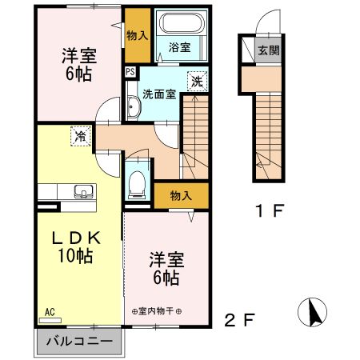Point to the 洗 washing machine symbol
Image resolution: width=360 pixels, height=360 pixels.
pos(196,81)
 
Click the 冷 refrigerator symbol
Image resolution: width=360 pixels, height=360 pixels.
pos(80,136)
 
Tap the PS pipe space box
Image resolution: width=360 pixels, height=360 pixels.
pos(130,71)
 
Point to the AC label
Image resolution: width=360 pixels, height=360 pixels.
pos(49,311)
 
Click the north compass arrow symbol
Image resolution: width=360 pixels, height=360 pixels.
pos(311,310)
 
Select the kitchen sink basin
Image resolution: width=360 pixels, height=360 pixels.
pos(82,191)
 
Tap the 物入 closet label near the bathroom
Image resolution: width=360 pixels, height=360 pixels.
pos(137,36)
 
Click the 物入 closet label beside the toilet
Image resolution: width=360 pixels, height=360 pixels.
pos(181,194)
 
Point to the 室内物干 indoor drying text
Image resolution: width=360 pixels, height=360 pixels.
pos(157,310)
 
